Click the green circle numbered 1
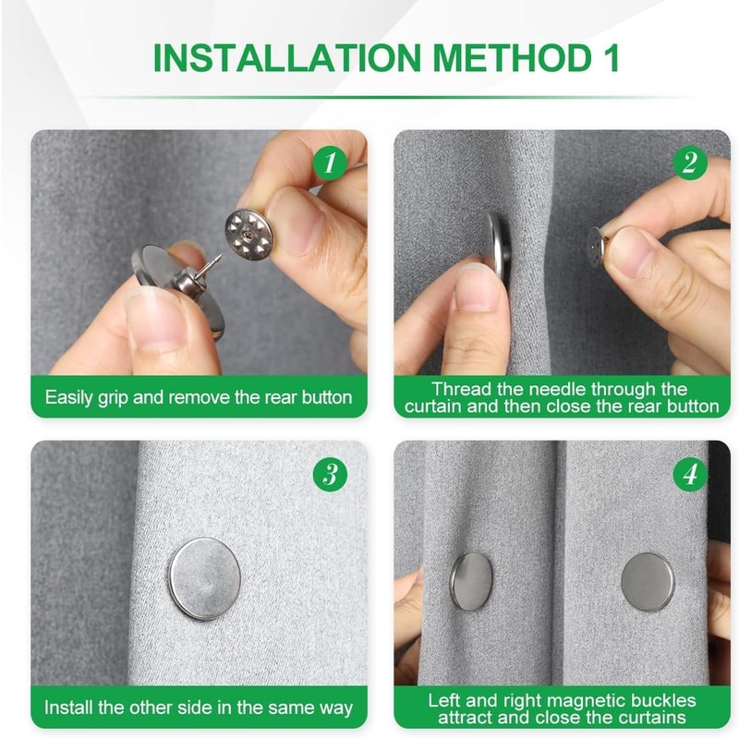(330, 163)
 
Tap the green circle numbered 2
(690, 163)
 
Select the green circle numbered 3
(330, 474)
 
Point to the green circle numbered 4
(690, 474)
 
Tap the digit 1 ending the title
(612, 58)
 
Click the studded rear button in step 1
(248, 235)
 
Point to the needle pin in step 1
(211, 265)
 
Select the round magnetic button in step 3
(204, 578)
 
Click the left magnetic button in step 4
(471, 581)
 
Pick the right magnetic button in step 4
(648, 582)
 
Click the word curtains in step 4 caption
(652, 718)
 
